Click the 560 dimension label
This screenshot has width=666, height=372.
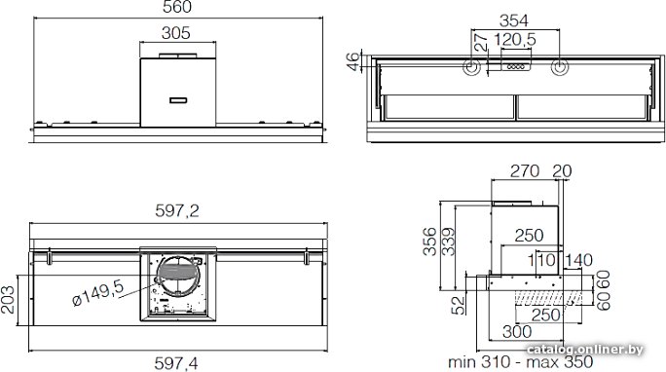pyautogui.click(x=177, y=7)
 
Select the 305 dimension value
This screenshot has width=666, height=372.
pyautogui.click(x=176, y=33)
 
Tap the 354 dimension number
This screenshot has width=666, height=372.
pyautogui.click(x=514, y=20)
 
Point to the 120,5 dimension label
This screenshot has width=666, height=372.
pyautogui.click(x=515, y=40)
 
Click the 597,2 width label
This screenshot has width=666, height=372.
pyautogui.click(x=177, y=210)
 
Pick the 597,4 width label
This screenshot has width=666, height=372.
pyautogui.click(x=176, y=363)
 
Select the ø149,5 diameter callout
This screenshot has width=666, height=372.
pyautogui.click(x=98, y=293)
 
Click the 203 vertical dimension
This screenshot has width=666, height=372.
pyautogui.click(x=8, y=300)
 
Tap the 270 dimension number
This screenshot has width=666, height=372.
pyautogui.click(x=525, y=171)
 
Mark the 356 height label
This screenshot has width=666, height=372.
pyautogui.click(x=429, y=242)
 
